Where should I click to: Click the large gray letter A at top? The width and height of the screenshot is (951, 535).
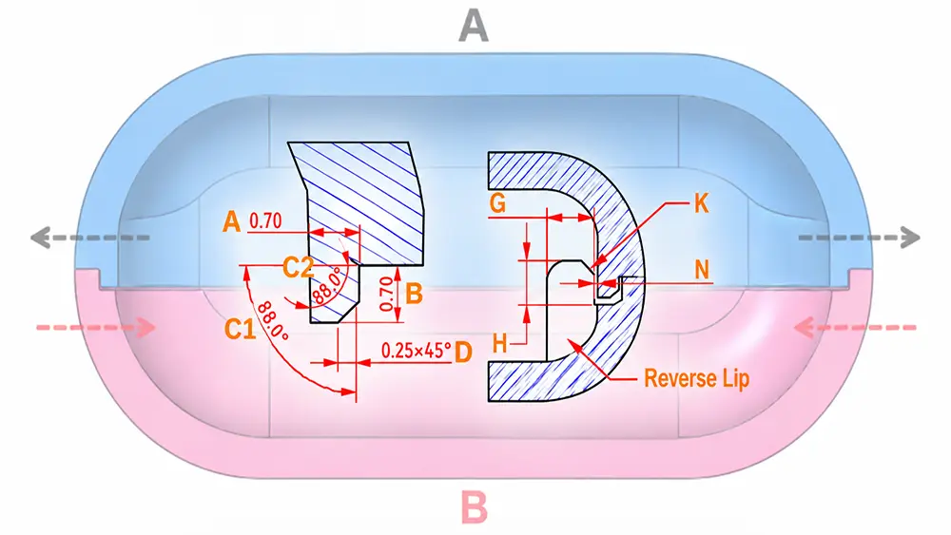tap(474, 27)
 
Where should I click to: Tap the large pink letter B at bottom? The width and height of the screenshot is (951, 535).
tap(475, 507)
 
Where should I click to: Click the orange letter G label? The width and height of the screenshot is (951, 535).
tap(497, 203)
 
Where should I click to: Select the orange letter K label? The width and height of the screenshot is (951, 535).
tap(701, 204)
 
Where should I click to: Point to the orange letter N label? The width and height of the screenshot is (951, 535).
tap(702, 270)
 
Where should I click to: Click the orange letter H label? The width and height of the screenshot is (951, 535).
tap(500, 344)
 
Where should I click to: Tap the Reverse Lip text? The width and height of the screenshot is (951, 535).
tap(697, 378)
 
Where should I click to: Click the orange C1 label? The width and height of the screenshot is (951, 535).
tap(240, 329)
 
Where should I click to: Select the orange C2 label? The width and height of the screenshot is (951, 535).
tap(298, 267)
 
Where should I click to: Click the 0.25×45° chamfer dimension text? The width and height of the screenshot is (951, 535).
tap(417, 351)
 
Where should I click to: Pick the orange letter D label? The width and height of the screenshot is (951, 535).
tap(463, 352)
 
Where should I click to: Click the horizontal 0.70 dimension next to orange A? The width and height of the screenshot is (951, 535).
tap(265, 220)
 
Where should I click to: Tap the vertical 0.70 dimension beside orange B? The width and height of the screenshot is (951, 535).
tap(386, 294)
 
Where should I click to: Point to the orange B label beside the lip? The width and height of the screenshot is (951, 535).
tap(414, 294)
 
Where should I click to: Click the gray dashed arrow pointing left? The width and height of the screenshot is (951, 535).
tap(89, 238)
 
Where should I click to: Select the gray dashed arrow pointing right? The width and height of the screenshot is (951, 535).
tap(860, 238)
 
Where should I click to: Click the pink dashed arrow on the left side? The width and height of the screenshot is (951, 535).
tap(96, 328)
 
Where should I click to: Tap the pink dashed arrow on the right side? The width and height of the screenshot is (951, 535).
tap(855, 328)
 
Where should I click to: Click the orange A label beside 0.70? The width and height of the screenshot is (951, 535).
tap(231, 221)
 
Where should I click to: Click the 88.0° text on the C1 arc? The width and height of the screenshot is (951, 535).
tap(272, 321)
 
